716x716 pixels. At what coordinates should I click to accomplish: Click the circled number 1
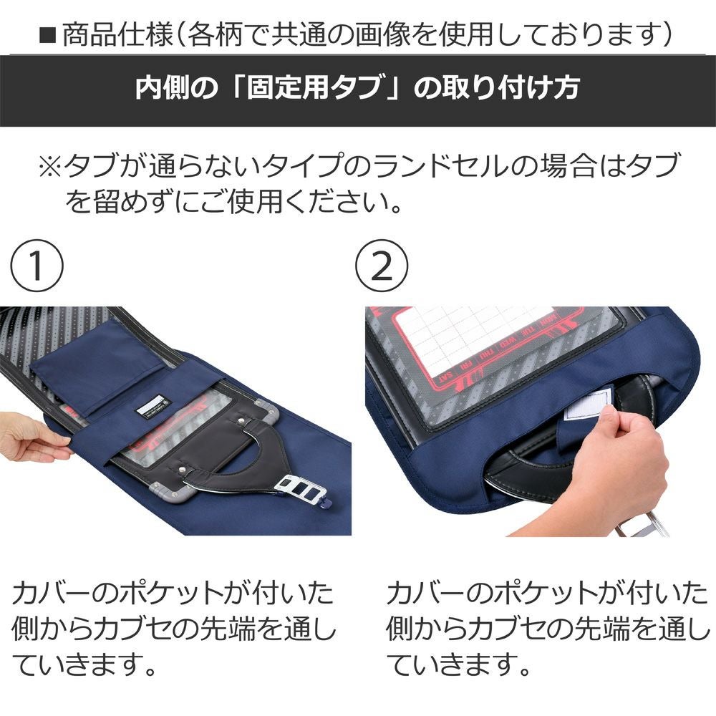(37, 266)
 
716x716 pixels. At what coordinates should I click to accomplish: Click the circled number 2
(382, 266)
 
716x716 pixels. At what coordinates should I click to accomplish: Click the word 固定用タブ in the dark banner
(314, 87)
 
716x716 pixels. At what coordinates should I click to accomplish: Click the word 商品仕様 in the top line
(118, 35)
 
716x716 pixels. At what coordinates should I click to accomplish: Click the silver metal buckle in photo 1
(301, 488)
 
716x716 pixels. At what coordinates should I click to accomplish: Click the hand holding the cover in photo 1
(32, 435)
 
